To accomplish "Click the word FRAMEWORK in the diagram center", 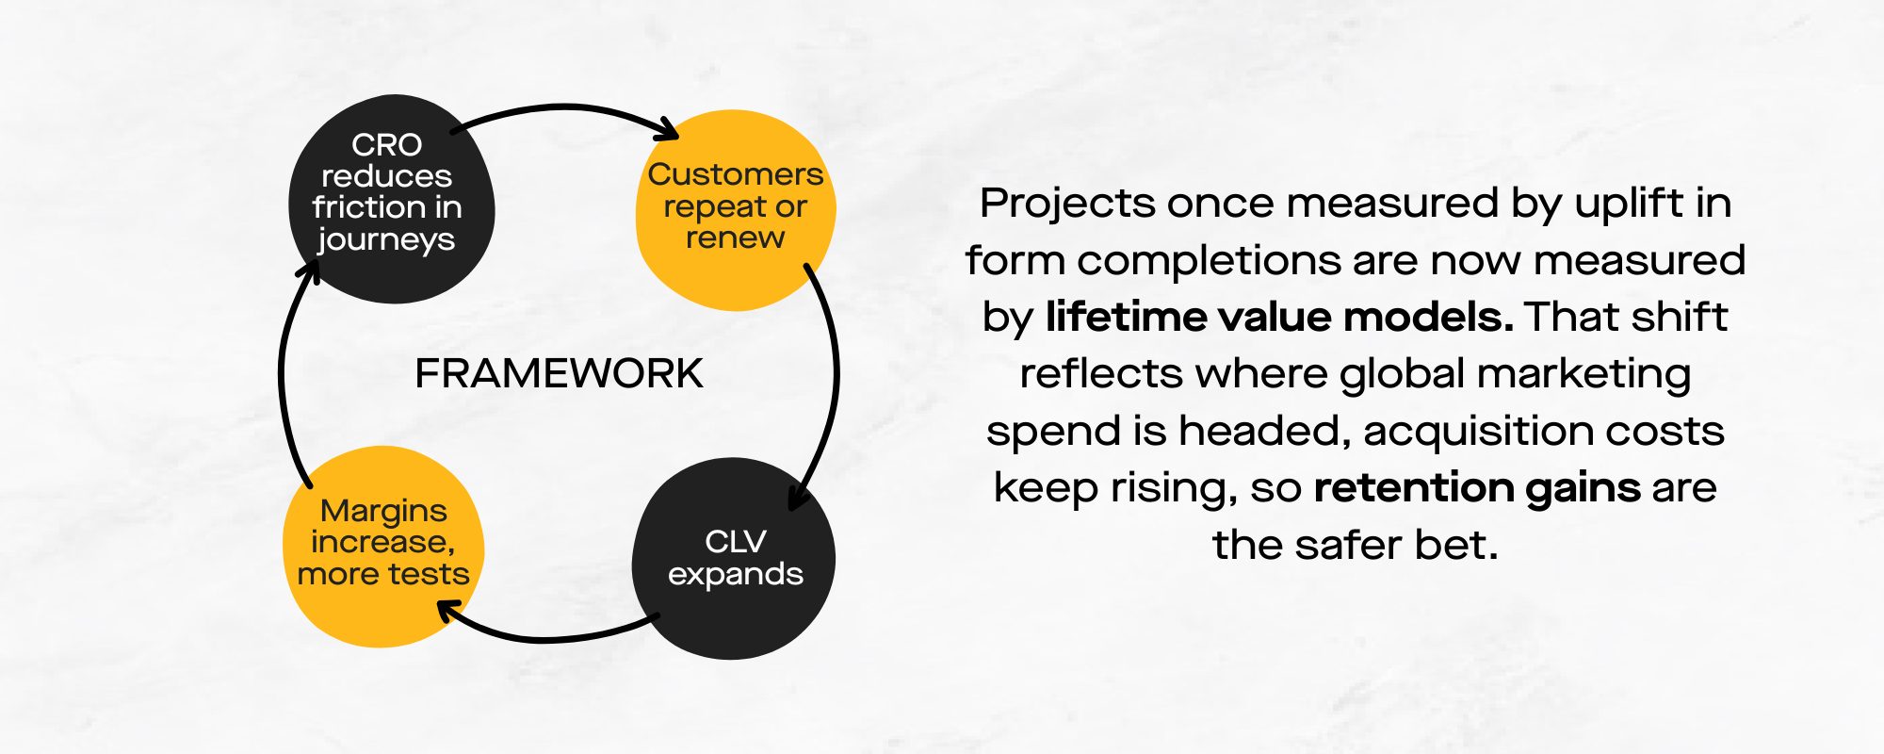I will pyautogui.click(x=559, y=374).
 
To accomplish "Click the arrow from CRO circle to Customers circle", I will pyautogui.click(x=565, y=109).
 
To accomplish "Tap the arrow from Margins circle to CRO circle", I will pyautogui.click(x=283, y=377).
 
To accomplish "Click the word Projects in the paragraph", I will pyautogui.click(x=1066, y=204).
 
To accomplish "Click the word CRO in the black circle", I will pyautogui.click(x=386, y=145).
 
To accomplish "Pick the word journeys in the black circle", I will pyautogui.click(x=386, y=240).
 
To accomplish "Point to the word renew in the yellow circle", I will pyautogui.click(x=735, y=238).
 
